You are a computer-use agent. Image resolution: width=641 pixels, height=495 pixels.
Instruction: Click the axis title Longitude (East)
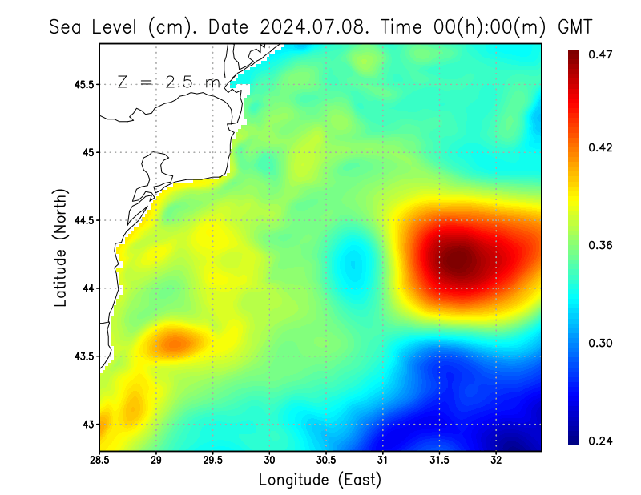coord(320,480)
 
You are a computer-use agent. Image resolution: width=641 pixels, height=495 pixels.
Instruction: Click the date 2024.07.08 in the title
coord(315,26)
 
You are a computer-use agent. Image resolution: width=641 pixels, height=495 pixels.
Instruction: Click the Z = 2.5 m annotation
coord(168,82)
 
